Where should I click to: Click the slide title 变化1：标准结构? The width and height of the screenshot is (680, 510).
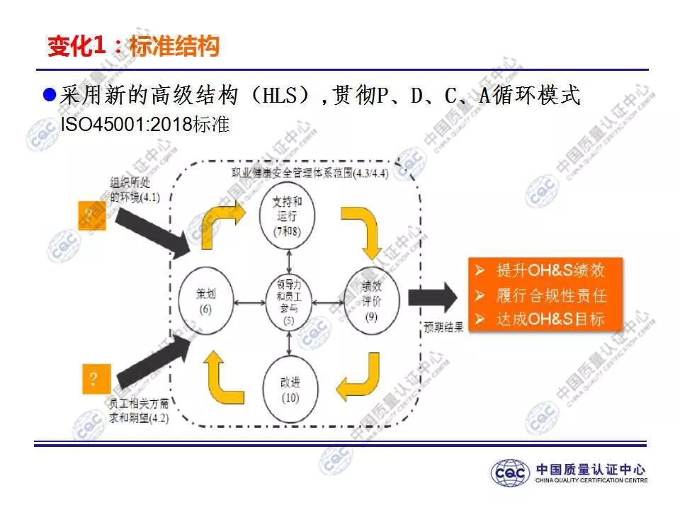click(133, 47)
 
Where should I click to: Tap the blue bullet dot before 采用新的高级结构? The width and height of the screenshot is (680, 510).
click(49, 94)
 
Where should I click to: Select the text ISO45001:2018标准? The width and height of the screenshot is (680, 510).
click(144, 125)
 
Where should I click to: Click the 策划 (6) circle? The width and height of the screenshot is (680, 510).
click(206, 300)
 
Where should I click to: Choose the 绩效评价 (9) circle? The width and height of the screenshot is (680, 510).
click(372, 300)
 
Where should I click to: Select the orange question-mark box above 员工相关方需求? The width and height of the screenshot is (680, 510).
click(92, 379)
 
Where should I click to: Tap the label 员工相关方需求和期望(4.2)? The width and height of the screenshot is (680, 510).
click(138, 411)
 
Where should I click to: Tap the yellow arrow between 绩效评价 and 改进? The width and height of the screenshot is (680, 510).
click(360, 375)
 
